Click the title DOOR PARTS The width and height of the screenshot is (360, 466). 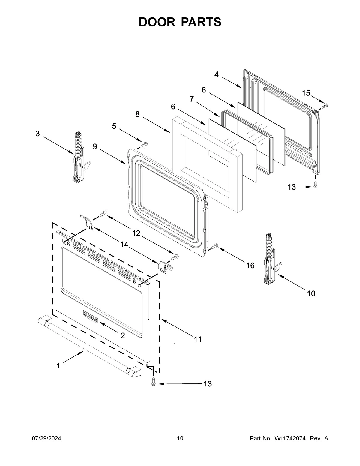(180, 22)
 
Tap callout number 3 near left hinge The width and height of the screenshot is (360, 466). (37, 134)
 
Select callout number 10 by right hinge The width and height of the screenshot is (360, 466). (311, 293)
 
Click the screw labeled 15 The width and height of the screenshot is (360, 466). (325, 106)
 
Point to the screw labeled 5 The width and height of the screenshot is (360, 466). (144, 144)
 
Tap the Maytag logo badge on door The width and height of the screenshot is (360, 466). (90, 317)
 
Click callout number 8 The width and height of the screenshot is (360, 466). (137, 114)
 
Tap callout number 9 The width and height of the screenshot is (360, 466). (95, 147)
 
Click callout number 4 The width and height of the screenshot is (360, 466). (216, 74)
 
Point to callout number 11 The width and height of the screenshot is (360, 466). (197, 339)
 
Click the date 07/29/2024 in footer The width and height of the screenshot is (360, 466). (46, 439)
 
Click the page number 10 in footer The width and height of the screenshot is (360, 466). (180, 439)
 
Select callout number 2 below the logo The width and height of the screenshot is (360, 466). (123, 336)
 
